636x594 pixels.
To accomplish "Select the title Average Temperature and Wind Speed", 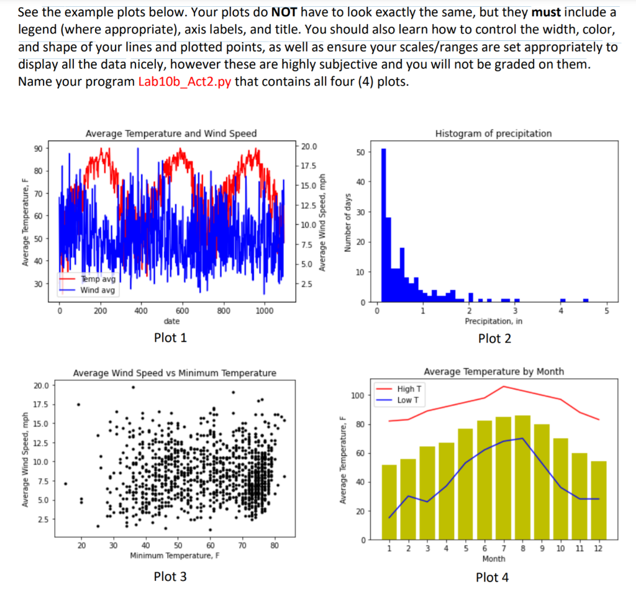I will click(171, 133).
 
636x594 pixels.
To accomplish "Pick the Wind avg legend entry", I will click(97, 290).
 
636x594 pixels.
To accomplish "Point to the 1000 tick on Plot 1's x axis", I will click(265, 310).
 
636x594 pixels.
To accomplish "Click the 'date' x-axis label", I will click(171, 321).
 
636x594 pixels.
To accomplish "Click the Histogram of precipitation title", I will click(493, 133).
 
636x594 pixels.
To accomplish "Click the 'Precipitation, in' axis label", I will click(493, 321).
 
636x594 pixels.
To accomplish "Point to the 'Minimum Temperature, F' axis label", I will click(175, 556).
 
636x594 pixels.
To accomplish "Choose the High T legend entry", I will click(407, 389).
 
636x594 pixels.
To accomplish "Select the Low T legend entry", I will click(407, 400).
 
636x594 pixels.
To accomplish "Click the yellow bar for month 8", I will click(523, 477).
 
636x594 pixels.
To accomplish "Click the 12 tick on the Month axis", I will click(599, 548).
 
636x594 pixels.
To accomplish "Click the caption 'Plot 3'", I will click(170, 577).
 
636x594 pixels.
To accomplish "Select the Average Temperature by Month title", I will click(493, 371).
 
